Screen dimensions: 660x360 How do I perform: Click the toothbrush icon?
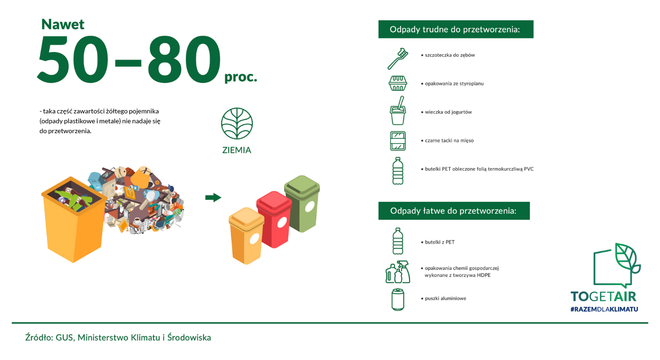[397, 59]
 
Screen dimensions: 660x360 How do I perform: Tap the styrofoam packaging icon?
[398, 83]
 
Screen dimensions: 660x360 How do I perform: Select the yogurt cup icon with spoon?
[398, 111]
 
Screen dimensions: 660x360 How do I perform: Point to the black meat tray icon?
[398, 141]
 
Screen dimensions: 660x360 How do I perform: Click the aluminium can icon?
[398, 299]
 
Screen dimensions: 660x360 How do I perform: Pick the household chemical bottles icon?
[398, 272]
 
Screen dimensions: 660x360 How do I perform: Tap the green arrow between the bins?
[213, 197]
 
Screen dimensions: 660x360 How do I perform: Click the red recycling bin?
[274, 219]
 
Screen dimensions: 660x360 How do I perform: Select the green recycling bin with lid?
[302, 203]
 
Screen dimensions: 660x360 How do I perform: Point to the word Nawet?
[63, 24]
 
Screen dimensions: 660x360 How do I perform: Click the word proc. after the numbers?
[241, 77]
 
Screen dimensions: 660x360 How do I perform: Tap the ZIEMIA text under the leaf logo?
[237, 150]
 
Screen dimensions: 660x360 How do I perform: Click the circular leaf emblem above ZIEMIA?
[237, 123]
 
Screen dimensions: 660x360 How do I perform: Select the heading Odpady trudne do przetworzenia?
[456, 29]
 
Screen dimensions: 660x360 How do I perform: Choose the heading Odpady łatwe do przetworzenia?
[454, 211]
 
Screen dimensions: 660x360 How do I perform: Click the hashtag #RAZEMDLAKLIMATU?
[604, 309]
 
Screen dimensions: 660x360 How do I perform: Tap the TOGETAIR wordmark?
[604, 296]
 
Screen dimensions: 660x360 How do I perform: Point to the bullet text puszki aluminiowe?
[445, 298]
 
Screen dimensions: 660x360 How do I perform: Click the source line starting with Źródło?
[118, 337]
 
